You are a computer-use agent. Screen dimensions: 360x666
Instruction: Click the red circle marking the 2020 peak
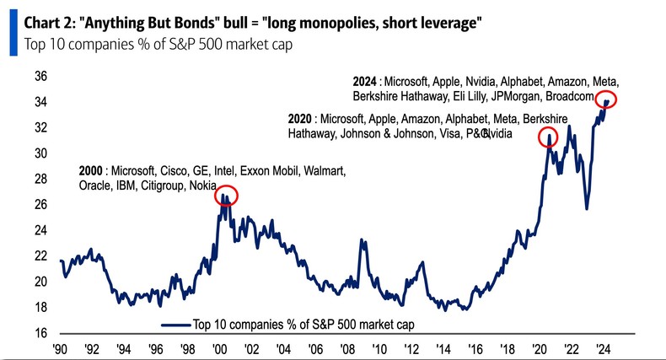(548, 137)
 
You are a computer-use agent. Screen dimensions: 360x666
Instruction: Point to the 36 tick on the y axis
(39, 77)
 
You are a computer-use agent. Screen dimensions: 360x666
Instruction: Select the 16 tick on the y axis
(39, 333)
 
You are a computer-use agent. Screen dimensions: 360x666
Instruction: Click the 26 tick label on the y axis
(39, 205)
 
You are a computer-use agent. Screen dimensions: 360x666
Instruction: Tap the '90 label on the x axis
(60, 348)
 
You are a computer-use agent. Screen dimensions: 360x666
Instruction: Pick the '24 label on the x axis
(604, 348)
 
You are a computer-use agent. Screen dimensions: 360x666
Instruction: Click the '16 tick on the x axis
(476, 348)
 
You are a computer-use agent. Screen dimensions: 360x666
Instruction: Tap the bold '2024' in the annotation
(364, 82)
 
